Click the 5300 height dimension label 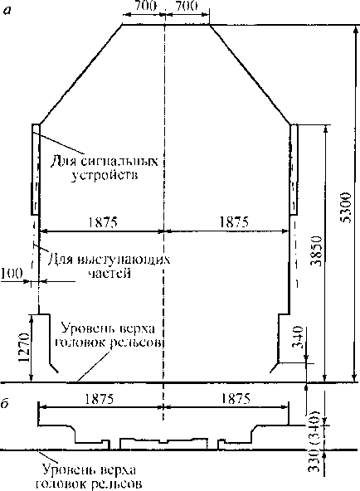(x=347, y=207)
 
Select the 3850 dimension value (x=317, y=250)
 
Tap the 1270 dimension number (x=24, y=348)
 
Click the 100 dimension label (x=12, y=274)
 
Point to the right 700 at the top (x=187, y=6)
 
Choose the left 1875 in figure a (x=103, y=222)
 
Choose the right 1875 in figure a (x=234, y=222)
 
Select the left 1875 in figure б (x=99, y=399)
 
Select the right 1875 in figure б (x=236, y=399)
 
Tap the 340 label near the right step (x=298, y=338)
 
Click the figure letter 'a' (x=7, y=10)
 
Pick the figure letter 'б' (x=5, y=404)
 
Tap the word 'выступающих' (x=124, y=260)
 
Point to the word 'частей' (x=109, y=274)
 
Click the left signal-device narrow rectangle (x=36, y=169)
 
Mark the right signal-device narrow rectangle (x=294, y=169)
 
